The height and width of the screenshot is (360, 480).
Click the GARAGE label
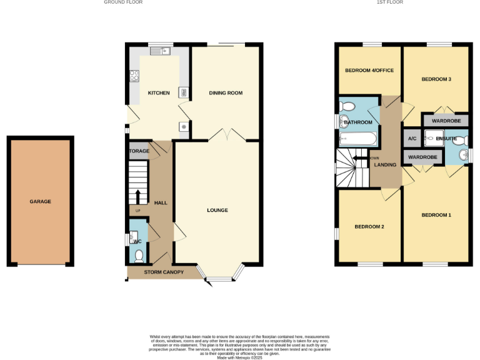coord(40,202)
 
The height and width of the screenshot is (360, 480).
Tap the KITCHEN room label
coord(158,93)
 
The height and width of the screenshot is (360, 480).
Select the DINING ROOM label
coord(226,93)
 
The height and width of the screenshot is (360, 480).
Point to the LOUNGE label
coord(217,210)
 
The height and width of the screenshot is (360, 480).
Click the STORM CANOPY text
coord(164,272)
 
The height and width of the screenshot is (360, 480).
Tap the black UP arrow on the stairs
coord(137,196)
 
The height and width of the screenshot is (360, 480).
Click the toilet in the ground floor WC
coord(139,254)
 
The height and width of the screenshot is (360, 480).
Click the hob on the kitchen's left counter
coord(134,76)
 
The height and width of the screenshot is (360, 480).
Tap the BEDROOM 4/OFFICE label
coord(369,71)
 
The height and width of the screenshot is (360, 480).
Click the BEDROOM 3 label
coord(436,79)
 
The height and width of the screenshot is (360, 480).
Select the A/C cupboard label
coord(412,138)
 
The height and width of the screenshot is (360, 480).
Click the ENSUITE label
coord(446,138)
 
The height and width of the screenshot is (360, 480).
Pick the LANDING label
coord(385,165)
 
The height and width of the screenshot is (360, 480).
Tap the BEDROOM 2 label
coord(369,226)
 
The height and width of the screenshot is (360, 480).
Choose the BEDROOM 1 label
coord(436,215)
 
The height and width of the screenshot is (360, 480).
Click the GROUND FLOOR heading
coord(123,2)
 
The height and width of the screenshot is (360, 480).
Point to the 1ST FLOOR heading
coord(389,2)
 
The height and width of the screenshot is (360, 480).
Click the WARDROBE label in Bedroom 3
coord(446,120)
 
